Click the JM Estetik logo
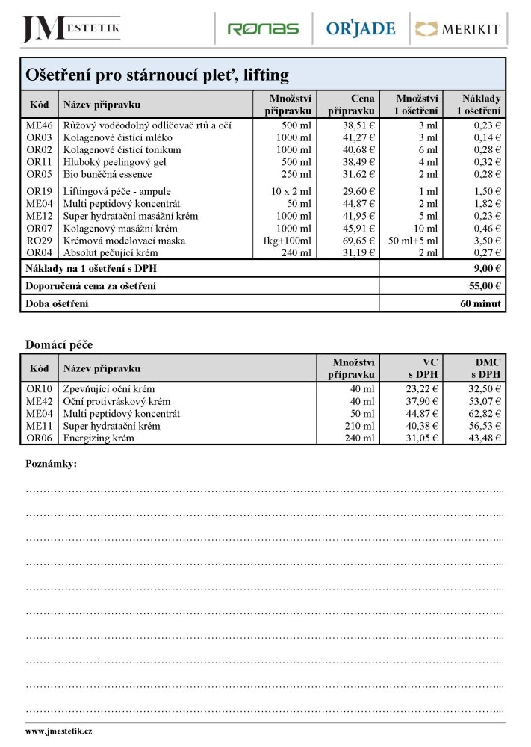71,28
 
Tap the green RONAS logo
263,29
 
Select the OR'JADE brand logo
361,29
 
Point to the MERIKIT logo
458,29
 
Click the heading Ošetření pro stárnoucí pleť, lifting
157,75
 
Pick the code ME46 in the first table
40,125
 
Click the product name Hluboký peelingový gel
114,162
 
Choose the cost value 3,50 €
488,241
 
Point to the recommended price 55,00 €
484,286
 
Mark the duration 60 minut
482,304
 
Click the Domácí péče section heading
59,344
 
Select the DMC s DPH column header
485,368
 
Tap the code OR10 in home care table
40,389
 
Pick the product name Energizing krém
99,438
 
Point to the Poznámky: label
52,464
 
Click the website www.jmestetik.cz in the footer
59,732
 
